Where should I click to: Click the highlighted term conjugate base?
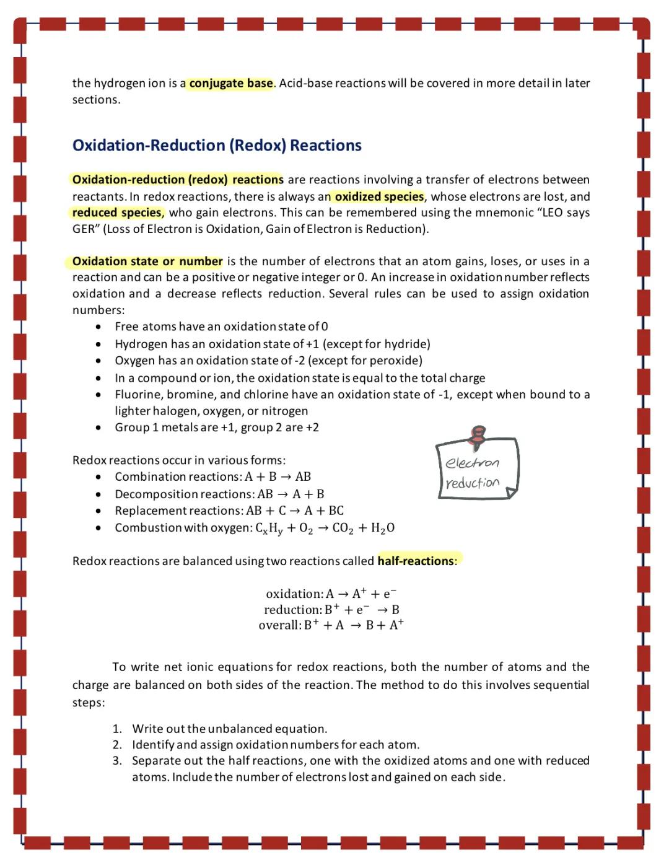pyautogui.click(x=230, y=83)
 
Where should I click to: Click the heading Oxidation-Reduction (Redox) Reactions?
pyautogui.click(x=217, y=145)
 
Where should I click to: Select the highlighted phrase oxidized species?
pyautogui.click(x=379, y=196)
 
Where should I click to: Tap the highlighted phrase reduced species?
pyautogui.click(x=117, y=213)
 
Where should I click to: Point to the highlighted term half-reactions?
pyautogui.click(x=416, y=561)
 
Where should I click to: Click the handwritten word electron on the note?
pyautogui.click(x=473, y=463)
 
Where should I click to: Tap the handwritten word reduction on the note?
pyautogui.click(x=472, y=483)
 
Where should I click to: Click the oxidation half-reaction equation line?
pyautogui.click(x=331, y=594)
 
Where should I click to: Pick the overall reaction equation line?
pyautogui.click(x=331, y=625)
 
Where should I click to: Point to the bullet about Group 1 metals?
pyautogui.click(x=216, y=428)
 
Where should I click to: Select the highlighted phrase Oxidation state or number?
pyautogui.click(x=147, y=261)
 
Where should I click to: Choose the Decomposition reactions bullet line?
pyautogui.click(x=219, y=494)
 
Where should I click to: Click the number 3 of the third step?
pyautogui.click(x=116, y=760)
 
